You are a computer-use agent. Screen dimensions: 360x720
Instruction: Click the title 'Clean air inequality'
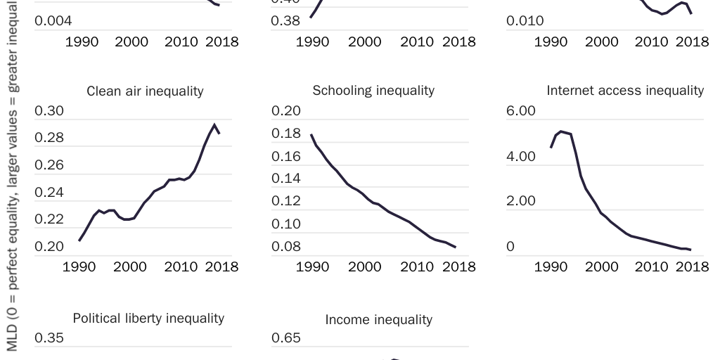145,91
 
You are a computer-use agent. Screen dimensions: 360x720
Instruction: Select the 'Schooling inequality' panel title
373,90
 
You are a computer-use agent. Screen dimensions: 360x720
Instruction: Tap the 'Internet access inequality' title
625,90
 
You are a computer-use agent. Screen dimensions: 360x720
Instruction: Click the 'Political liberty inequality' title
148,318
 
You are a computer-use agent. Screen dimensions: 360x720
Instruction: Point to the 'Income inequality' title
378,319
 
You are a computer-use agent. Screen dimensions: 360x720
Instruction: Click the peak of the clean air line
214,124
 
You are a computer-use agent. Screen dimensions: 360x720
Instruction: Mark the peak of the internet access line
560,131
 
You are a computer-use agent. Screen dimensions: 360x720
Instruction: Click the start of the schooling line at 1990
311,134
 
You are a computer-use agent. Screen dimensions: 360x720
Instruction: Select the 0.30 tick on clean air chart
49,111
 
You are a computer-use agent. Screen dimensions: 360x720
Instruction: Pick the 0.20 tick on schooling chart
286,111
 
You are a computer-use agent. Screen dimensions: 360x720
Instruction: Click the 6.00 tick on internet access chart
521,111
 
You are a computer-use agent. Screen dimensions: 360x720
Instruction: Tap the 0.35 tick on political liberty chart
49,337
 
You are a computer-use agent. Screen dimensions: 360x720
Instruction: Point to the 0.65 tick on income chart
286,337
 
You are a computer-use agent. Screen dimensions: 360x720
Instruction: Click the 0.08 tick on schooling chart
286,247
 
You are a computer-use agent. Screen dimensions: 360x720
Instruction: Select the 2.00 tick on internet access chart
521,201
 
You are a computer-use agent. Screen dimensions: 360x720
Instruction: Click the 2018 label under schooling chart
459,267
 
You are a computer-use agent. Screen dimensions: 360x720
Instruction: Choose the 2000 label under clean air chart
131,267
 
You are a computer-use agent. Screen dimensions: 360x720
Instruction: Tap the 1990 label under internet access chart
551,267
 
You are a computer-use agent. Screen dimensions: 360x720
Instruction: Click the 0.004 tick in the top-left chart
53,21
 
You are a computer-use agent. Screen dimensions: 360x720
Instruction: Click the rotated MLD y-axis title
12,176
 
